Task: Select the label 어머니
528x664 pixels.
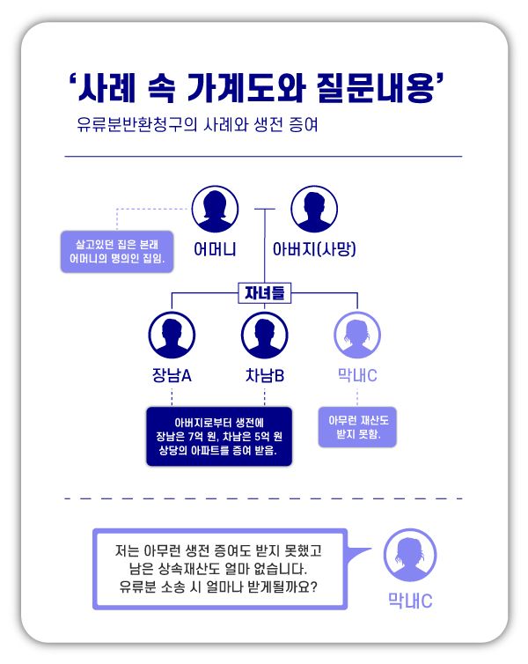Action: point(215,249)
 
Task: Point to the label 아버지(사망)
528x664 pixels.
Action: point(314,249)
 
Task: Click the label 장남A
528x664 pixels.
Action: point(172,376)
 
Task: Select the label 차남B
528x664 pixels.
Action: point(265,376)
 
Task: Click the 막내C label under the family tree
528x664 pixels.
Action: point(357,376)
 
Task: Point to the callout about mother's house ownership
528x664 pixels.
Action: point(117,250)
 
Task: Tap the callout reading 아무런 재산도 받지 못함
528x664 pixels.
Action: point(357,427)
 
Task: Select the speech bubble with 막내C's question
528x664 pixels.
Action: point(220,568)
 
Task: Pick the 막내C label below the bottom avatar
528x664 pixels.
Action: point(410,601)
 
